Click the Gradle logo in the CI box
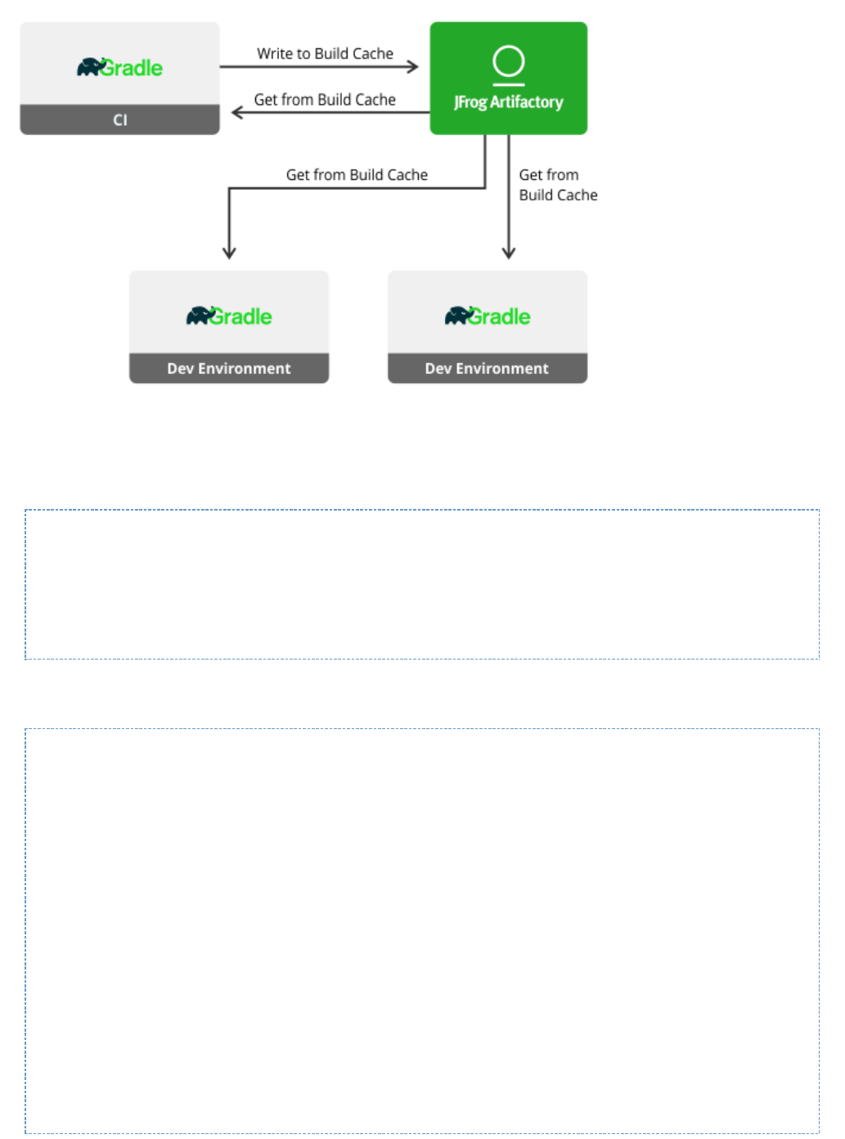(x=120, y=67)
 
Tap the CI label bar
(x=120, y=119)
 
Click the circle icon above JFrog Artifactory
(x=509, y=61)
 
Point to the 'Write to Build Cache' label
(x=325, y=54)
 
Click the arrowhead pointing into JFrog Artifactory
(x=413, y=67)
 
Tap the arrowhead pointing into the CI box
(x=237, y=112)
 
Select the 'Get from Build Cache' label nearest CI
(x=325, y=100)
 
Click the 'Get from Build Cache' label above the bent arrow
(x=357, y=175)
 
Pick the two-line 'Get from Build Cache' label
(x=558, y=185)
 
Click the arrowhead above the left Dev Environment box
(x=229, y=253)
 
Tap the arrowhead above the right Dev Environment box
(x=509, y=253)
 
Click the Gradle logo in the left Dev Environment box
(x=229, y=316)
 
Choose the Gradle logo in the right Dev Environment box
(x=488, y=316)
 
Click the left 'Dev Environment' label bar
(x=229, y=368)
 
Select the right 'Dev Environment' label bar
(x=488, y=368)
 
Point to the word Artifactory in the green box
(x=527, y=102)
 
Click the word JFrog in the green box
(x=470, y=102)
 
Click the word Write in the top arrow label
(x=274, y=54)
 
